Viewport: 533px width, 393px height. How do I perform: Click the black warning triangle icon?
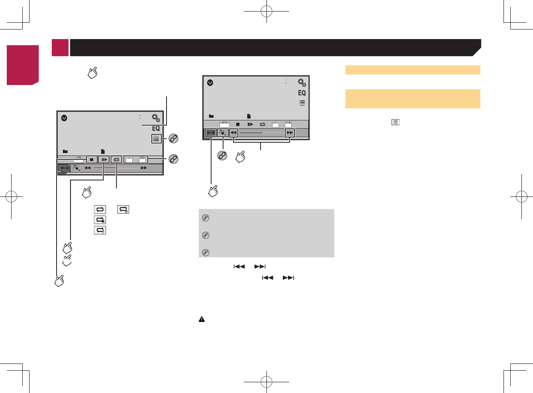point(202,319)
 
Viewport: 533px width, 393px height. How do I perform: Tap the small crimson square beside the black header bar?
point(60,47)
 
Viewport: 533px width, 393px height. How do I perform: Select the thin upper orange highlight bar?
point(413,70)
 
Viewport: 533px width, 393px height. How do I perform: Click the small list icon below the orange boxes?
point(395,122)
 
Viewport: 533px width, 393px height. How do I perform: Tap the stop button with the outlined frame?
point(92,159)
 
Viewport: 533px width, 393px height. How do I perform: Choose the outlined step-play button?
point(104,159)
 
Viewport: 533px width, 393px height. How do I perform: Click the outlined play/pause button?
point(211,133)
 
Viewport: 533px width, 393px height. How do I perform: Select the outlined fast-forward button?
point(290,133)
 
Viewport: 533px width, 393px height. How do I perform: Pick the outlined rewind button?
point(233,133)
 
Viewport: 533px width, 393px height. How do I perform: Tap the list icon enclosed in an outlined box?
point(156,139)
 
